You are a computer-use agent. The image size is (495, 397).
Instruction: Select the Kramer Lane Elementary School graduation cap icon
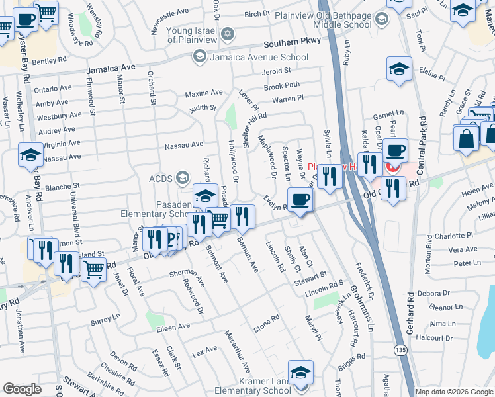pos(300,373)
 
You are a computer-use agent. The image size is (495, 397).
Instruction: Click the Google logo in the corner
pos(22,389)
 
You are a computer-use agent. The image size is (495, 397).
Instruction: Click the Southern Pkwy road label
pos(292,41)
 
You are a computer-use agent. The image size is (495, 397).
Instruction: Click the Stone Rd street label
pos(267,326)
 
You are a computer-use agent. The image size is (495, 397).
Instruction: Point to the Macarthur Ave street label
pos(236,350)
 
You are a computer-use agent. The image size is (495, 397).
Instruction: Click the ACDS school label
pos(161,177)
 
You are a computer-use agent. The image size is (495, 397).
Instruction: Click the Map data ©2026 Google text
pos(454,392)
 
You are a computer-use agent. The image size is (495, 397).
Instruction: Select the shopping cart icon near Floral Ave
pos(94,270)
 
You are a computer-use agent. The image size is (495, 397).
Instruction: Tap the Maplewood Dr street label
pos(271,157)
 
